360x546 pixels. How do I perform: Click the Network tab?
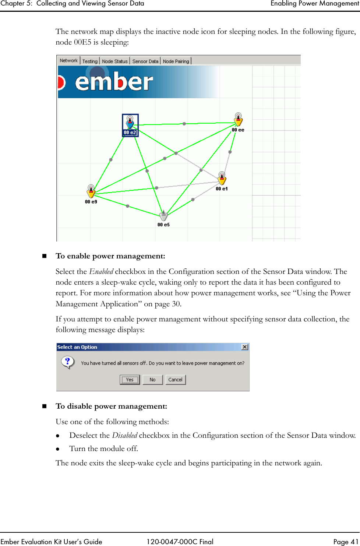[x=68, y=61]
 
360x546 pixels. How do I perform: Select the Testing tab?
[x=90, y=61]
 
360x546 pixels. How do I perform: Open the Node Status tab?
[x=114, y=61]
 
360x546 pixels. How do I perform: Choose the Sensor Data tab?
[x=145, y=61]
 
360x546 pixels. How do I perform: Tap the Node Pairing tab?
[x=176, y=61]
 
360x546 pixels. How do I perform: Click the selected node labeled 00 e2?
[x=130, y=125]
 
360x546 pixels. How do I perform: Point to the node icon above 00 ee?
[x=239, y=120]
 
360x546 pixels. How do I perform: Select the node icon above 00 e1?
[x=222, y=179]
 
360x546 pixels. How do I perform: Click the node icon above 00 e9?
[x=91, y=191]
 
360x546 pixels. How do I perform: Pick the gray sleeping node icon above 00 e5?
[x=163, y=216]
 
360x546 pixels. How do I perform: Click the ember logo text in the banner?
[x=114, y=82]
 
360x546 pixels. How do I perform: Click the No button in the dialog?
[x=152, y=380]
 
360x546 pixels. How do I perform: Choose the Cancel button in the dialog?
[x=175, y=380]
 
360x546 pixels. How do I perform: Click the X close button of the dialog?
[x=244, y=347]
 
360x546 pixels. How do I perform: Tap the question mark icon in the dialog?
[x=67, y=362]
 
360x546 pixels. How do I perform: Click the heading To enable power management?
[x=110, y=256]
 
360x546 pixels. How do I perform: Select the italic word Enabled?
[x=101, y=272]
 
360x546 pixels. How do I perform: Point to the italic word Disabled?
[x=124, y=436]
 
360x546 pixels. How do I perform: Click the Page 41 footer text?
[x=345, y=542]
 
